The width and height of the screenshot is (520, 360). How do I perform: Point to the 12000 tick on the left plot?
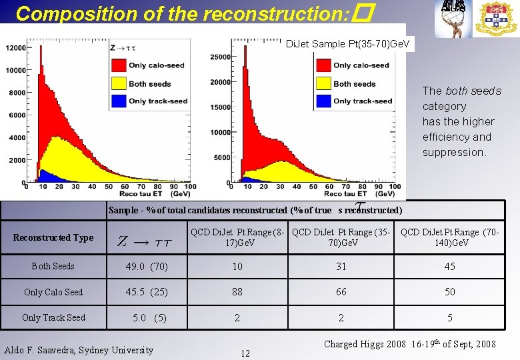[16, 47]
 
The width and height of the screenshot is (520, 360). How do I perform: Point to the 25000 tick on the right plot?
[219, 57]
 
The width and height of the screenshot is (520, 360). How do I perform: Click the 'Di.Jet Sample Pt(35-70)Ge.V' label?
[348, 45]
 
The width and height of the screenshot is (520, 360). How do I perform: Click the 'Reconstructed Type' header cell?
[53, 237]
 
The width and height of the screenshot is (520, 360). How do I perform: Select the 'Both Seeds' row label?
[53, 266]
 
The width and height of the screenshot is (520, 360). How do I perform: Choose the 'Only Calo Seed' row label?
[53, 292]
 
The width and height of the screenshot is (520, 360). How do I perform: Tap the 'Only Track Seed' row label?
[53, 317]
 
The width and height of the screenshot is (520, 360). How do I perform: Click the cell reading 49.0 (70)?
[146, 267]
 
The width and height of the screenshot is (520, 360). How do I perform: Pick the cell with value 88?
[237, 292]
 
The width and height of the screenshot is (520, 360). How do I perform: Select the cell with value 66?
[341, 292]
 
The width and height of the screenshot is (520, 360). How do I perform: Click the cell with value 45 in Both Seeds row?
[450, 267]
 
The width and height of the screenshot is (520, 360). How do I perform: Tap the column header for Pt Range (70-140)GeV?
[450, 237]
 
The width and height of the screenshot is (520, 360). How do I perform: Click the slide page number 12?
[245, 353]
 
